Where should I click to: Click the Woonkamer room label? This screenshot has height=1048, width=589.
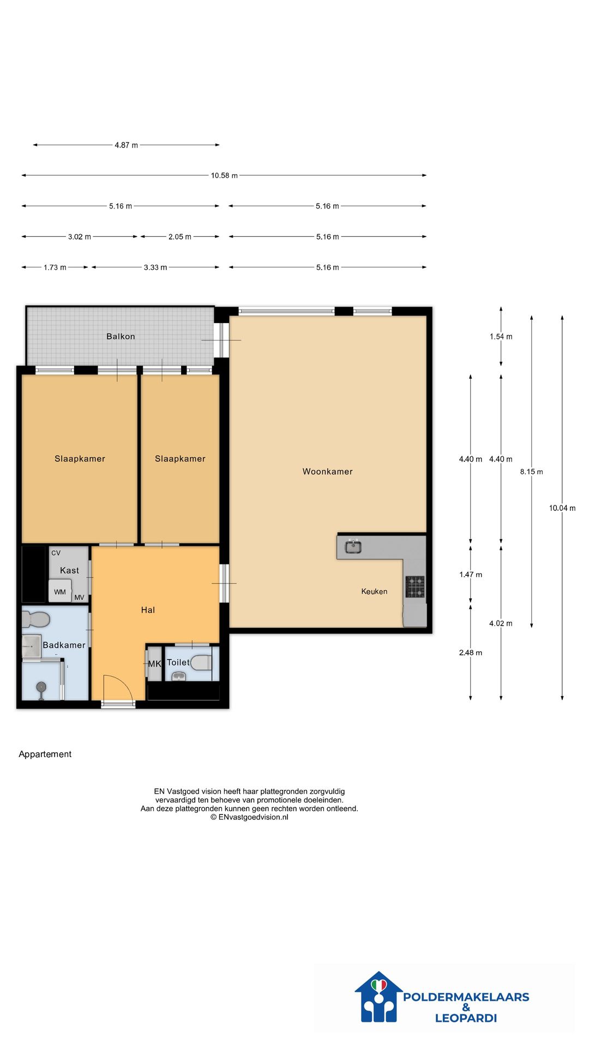[x=327, y=472]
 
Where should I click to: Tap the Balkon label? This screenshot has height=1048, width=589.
[x=121, y=336]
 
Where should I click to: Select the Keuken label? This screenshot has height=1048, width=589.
[x=374, y=591]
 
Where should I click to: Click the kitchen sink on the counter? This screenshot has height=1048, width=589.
[x=353, y=546]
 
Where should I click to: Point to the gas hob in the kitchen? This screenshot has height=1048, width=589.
[x=415, y=587]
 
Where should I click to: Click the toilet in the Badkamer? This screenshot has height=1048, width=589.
[x=36, y=620]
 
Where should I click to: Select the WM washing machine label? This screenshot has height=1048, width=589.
[x=60, y=592]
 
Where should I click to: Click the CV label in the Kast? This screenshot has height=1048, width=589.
[x=56, y=553]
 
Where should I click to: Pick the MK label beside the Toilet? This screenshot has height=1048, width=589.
[x=155, y=664]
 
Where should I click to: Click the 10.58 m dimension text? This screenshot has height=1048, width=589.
[x=224, y=176]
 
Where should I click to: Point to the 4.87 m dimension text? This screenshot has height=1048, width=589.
[x=126, y=145]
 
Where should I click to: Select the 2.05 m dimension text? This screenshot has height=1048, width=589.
[x=180, y=237]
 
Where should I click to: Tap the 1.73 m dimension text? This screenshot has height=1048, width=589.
[x=55, y=267]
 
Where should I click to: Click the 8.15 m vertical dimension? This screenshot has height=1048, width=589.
[x=532, y=472]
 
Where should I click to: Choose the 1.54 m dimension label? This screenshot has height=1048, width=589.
[x=501, y=337]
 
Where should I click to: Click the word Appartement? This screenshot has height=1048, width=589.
[x=45, y=754]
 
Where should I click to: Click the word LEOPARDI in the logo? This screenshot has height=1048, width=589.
[x=466, y=1018]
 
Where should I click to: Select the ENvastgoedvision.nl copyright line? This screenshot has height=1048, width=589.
[x=249, y=817]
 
